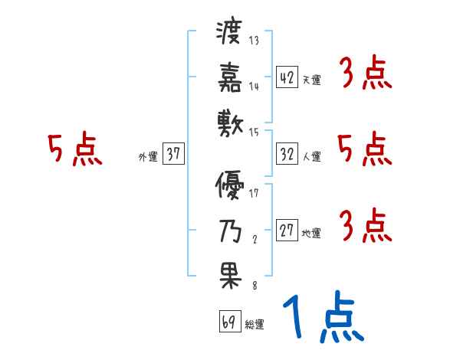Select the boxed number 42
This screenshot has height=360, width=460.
[x=287, y=77]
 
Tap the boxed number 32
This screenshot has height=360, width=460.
[x=287, y=154]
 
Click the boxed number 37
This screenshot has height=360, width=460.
[x=173, y=154]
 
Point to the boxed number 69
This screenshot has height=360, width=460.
[x=228, y=322]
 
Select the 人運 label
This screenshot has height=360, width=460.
[x=311, y=157]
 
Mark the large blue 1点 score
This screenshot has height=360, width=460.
[x=321, y=317]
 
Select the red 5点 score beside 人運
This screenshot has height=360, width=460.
[x=365, y=149]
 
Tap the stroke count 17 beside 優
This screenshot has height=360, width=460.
[x=254, y=193]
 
